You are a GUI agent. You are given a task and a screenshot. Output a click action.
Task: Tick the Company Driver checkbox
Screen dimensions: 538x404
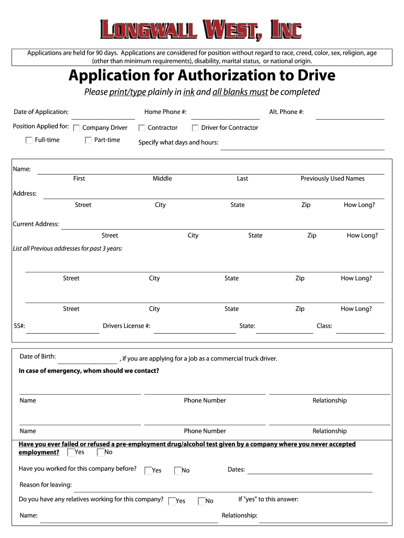[77, 128]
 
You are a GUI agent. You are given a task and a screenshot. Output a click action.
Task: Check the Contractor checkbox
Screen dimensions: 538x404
[142, 128]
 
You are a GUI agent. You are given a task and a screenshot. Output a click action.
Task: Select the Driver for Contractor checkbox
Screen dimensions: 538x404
[195, 128]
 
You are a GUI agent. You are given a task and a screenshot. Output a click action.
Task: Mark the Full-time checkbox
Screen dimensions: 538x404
[29, 140]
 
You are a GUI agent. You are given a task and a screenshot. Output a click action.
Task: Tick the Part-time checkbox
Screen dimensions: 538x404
[88, 140]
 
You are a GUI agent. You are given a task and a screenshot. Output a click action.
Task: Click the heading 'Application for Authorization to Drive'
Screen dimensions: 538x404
[202, 76]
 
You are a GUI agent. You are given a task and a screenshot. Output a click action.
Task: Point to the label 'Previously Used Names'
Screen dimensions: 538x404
[333, 179]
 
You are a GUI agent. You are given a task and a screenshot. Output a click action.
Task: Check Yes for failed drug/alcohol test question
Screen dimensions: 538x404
[71, 452]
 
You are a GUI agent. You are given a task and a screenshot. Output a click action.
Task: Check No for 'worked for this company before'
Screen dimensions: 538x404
[177, 471]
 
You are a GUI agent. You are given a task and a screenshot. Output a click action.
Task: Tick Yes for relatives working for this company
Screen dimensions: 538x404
[172, 501]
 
